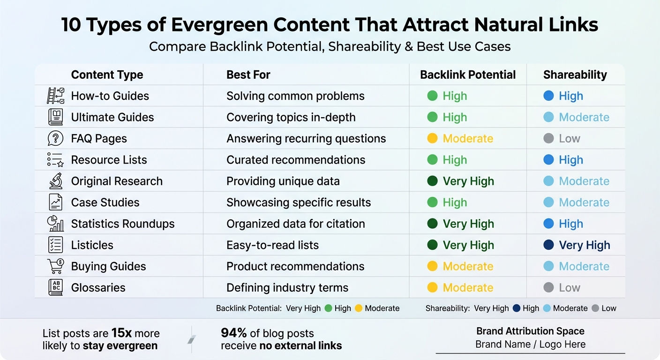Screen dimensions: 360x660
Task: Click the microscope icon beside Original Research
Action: [x=55, y=181]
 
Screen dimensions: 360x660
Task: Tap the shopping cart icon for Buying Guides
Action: [x=55, y=266]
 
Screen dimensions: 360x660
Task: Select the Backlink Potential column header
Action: [x=467, y=75]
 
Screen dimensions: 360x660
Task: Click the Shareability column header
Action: [x=575, y=75]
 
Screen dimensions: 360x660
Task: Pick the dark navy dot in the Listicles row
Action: [x=548, y=245]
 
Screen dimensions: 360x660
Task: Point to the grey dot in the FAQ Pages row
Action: [x=548, y=139]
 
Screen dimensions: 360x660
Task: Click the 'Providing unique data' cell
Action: [x=283, y=181]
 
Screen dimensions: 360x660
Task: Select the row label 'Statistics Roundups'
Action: [x=122, y=224]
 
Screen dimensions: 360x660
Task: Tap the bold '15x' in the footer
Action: [x=121, y=333]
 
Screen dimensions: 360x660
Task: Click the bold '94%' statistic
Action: [x=233, y=333]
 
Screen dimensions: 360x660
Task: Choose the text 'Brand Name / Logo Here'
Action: [x=530, y=345]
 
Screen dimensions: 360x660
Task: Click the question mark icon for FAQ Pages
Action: [x=55, y=138]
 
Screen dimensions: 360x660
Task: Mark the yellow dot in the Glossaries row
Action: [x=432, y=288]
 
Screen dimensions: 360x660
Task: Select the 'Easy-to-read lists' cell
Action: [x=272, y=245]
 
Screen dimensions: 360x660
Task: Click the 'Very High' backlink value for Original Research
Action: [x=468, y=181]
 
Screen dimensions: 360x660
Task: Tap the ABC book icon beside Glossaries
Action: [x=55, y=287]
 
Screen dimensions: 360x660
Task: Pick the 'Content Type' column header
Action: [x=107, y=75]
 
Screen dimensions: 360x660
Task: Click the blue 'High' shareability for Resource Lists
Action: [x=570, y=160]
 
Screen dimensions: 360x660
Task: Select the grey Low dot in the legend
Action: [x=595, y=308]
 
